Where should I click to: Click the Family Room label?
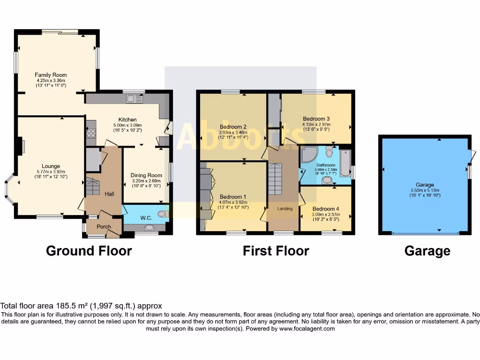pos(51,75)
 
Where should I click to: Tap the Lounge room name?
pos(51,166)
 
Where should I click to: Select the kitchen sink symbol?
pos(137,98)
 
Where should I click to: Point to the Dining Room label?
pos(145,175)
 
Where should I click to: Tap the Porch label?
pos(104,227)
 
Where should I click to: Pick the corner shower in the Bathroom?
pos(308,154)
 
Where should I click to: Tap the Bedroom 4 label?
pos(326,209)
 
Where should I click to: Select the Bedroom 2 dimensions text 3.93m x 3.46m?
pos(233,133)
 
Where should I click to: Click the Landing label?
pos(285,209)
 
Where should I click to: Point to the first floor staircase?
pos(276,179)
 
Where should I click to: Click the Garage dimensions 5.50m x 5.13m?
pos(425,190)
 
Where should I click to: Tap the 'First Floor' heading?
pos(276,251)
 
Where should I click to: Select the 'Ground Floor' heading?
pos(89,251)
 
